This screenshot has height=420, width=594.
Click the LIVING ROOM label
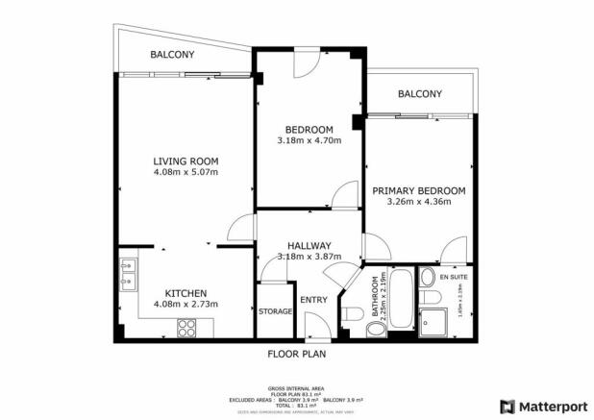pos(186,161)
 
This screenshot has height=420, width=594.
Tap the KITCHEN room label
pos(186,293)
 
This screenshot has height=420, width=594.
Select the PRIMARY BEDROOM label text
pos(419,191)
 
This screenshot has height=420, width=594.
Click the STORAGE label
pos(276,311)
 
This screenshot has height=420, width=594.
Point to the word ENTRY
pos(314,300)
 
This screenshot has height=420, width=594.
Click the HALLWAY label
pos(309,245)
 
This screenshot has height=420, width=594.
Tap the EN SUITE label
pos(452,277)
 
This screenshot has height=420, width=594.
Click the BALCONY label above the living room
pos(172,56)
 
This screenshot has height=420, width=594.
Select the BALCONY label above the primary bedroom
pos(419,94)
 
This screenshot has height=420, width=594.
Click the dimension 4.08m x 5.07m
pos(186,173)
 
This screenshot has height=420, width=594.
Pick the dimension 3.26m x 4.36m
pos(419,203)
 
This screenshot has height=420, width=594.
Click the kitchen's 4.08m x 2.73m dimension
pos(186,305)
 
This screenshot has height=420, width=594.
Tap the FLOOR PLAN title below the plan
pos(296,354)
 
